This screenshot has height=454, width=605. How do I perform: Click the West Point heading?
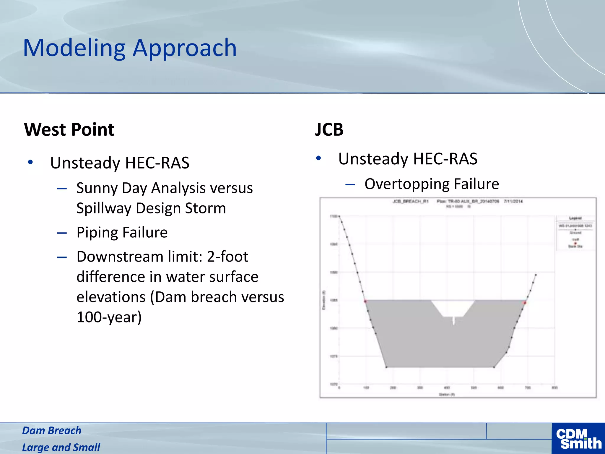69,129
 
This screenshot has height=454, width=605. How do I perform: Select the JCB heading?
329,129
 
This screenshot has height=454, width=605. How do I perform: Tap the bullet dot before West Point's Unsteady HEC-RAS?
30,162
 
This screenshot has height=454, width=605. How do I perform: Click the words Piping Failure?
122,232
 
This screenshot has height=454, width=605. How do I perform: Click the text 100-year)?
109,317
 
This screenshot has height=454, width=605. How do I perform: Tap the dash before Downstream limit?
62,257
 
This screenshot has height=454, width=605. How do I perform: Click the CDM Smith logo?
578,439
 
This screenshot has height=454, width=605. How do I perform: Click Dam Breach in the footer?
52,430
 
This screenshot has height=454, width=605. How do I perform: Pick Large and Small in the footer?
61,447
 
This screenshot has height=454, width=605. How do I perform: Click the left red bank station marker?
365,301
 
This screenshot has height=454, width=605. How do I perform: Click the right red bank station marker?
525,303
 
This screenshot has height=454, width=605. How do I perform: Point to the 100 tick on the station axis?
366,387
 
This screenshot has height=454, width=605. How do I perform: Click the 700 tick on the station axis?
528,387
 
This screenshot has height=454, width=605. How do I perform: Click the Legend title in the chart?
575,218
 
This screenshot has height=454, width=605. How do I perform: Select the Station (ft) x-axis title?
447,394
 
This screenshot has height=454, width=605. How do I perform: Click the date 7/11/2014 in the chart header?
513,201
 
